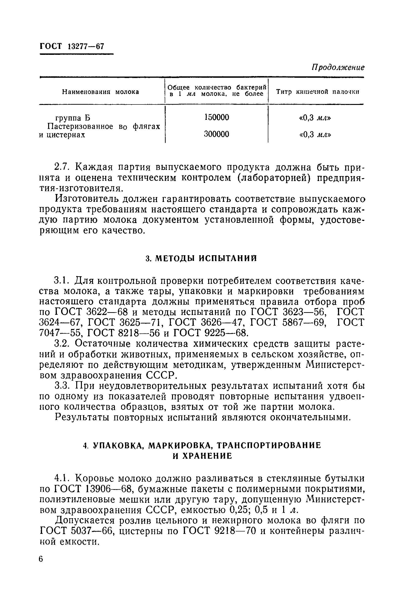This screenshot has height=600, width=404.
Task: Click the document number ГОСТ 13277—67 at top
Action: point(72,46)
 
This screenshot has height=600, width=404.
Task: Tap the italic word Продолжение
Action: point(338,68)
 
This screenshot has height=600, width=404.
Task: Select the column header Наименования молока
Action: point(101,92)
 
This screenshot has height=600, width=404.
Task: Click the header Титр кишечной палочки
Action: point(317,92)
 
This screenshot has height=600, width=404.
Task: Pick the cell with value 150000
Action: point(216,118)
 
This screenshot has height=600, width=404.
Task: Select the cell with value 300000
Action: point(216,134)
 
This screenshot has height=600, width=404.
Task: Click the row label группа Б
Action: point(73,118)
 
